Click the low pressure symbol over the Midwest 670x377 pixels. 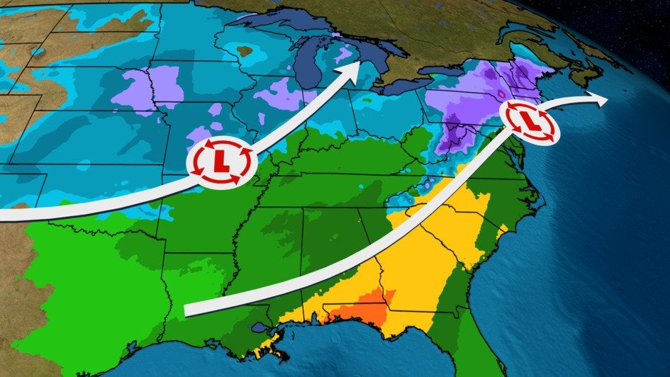pos(220,163)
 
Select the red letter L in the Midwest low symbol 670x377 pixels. pos(220,163)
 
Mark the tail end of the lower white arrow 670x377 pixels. pos(189,310)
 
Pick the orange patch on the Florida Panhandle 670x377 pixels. pos(362,310)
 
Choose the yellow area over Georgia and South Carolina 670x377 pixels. pos(425,248)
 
